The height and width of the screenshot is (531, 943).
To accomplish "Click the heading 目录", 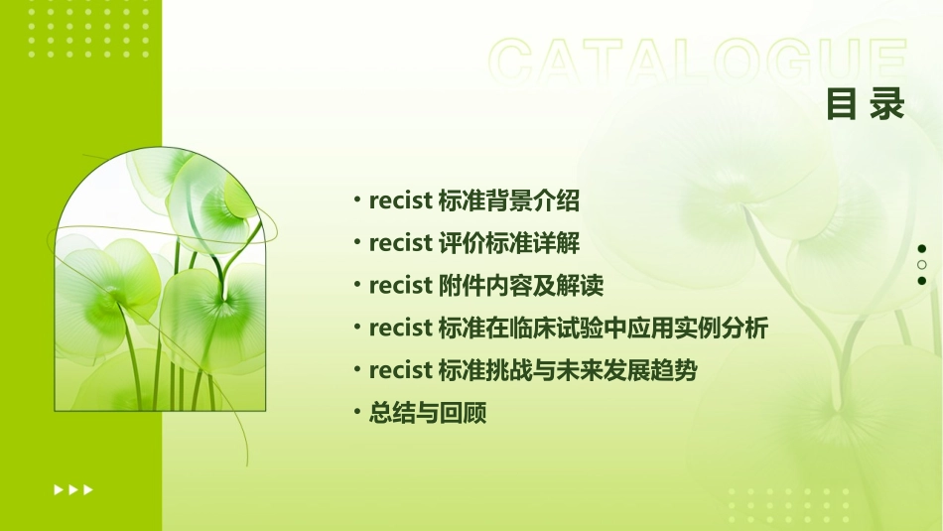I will pos(866,103).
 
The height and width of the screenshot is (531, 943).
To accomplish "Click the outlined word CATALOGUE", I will pos(698,62).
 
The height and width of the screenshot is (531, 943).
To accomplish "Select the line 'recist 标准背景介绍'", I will pos(473,200).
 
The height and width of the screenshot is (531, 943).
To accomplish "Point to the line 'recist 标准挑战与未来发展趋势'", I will pos(533,370).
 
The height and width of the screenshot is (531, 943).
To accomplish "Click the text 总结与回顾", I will pos(428,413).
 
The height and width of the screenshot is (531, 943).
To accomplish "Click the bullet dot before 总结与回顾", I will pos(357,412).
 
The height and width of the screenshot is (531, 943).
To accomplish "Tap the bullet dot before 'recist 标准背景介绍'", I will pos(357,199).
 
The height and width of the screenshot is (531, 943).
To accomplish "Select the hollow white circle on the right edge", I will pos(922,265).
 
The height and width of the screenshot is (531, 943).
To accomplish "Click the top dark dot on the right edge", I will pos(922,249).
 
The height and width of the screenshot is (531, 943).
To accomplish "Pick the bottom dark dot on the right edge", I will pos(922,281).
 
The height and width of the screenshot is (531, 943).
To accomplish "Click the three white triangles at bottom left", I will pos(73,489).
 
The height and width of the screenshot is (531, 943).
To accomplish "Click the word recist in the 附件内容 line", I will pos(400,286).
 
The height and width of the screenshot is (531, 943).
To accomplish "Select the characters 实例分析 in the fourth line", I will pos(722,328).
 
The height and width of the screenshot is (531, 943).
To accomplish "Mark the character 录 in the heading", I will pos(887,103).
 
